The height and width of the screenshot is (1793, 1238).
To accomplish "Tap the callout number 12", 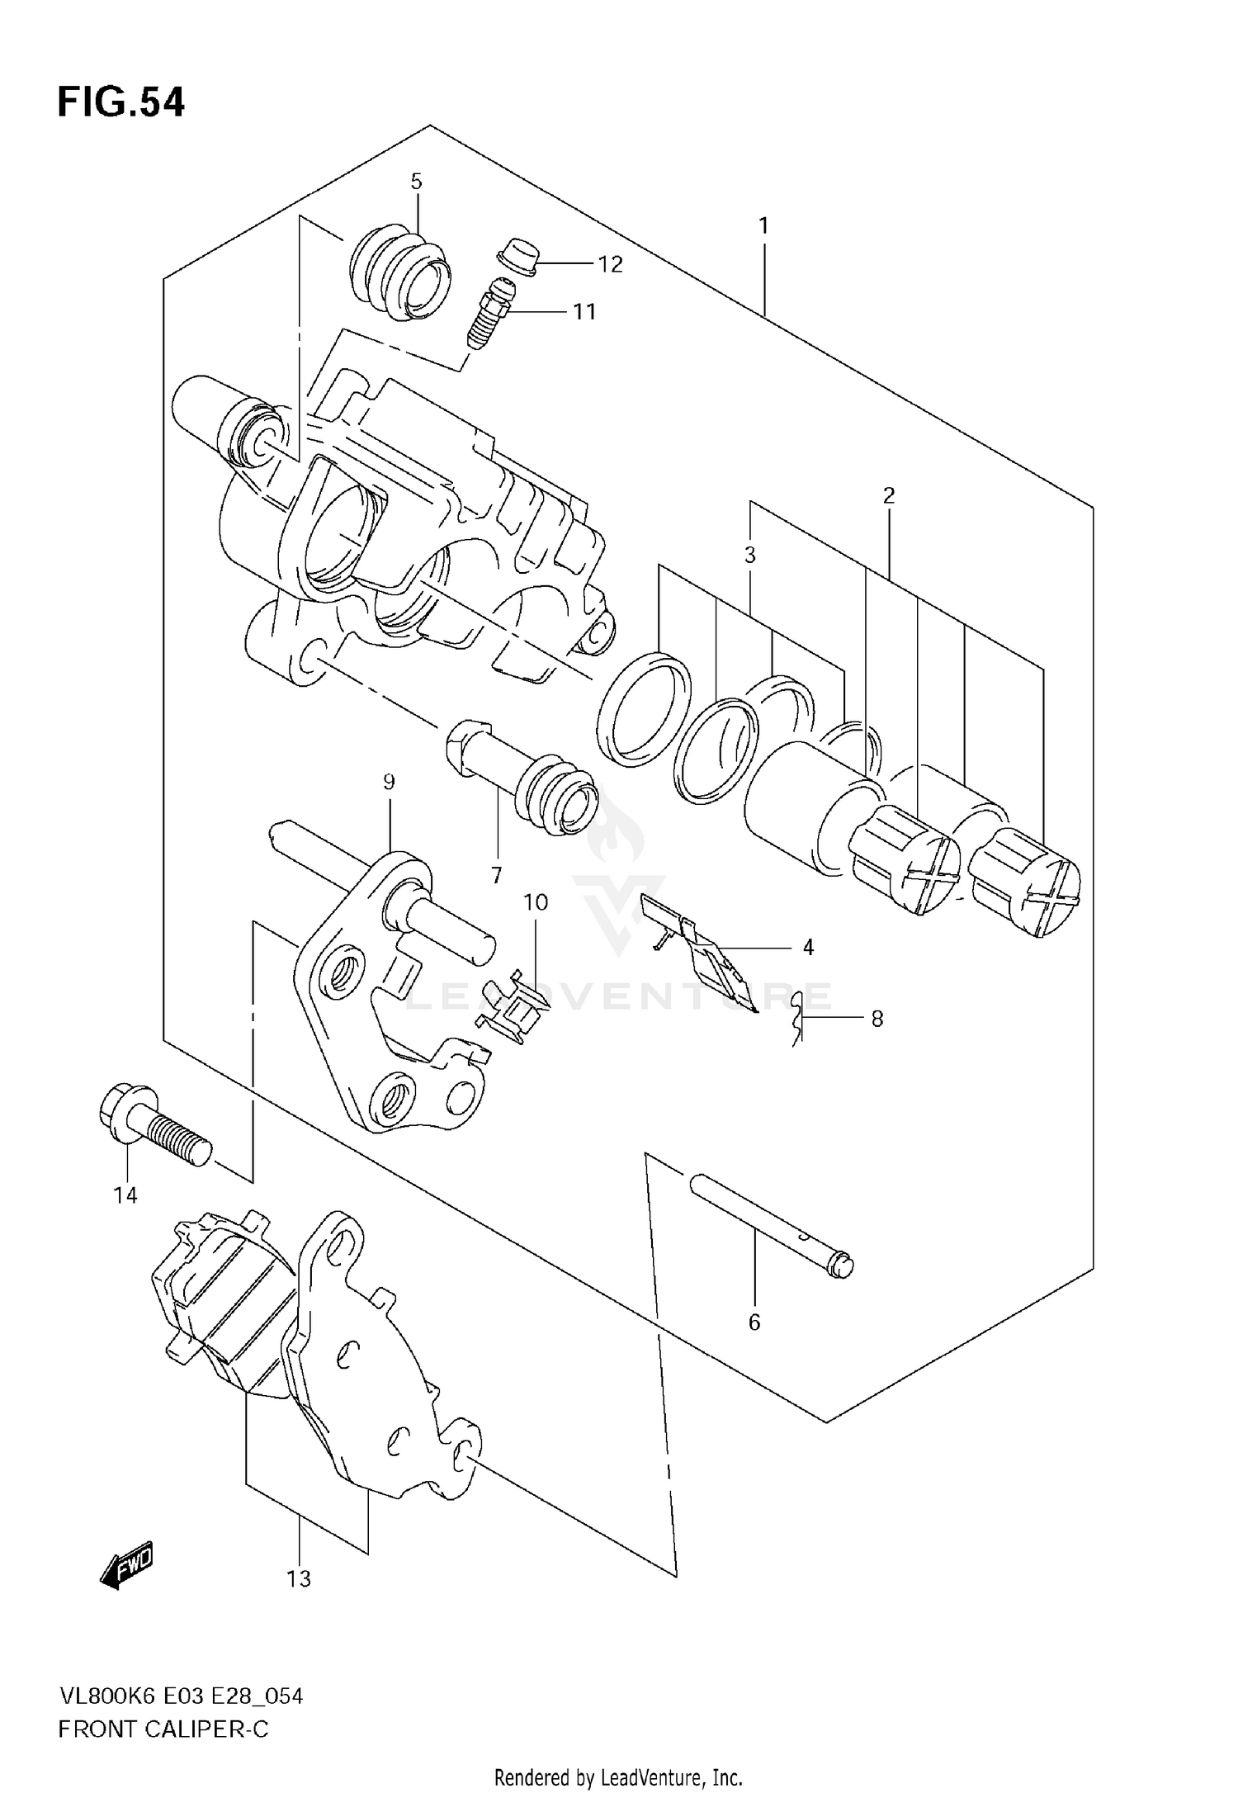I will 610,264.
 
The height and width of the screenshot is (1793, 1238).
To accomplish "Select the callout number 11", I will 584,312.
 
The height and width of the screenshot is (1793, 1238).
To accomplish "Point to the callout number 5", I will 416,182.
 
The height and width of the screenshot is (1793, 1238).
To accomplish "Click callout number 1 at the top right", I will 763,225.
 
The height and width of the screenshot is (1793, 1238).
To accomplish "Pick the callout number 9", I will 389,782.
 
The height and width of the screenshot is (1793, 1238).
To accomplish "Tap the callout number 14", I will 125,1195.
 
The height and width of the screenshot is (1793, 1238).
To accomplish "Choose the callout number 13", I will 299,1579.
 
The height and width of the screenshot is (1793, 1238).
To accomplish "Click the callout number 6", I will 754,1322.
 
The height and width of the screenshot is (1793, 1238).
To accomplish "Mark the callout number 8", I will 877,1019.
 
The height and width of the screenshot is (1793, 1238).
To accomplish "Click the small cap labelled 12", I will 517,256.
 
